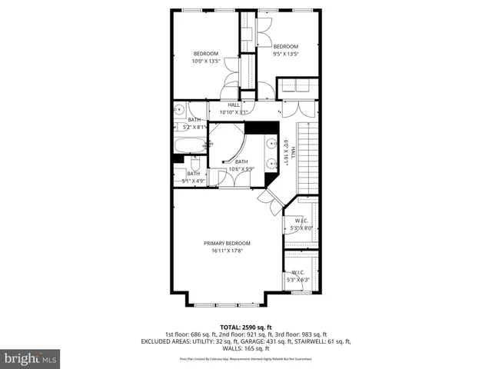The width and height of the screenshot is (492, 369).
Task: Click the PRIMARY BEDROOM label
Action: (227, 243)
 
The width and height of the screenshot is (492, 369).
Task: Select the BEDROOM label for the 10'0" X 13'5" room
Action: (205, 53)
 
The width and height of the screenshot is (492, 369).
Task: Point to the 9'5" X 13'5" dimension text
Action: (285, 54)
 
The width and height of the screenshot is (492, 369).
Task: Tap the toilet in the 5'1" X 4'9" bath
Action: (195, 165)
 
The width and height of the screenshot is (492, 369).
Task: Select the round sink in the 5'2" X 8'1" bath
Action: (178, 109)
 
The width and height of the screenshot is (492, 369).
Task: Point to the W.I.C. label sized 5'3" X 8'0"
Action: (301, 220)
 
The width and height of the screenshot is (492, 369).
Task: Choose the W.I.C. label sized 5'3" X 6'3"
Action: (298, 272)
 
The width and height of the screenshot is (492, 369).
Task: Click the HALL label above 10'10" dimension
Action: (234, 105)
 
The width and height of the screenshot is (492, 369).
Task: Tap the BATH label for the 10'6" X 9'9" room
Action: (241, 161)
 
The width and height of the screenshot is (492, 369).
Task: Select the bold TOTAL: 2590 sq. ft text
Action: (245, 326)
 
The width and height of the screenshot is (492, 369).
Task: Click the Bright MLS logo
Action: (31, 358)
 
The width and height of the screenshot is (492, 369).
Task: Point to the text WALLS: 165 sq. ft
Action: (245, 349)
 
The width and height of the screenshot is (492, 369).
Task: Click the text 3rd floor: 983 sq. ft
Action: (301, 334)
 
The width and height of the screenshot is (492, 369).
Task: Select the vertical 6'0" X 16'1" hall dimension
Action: (287, 152)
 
